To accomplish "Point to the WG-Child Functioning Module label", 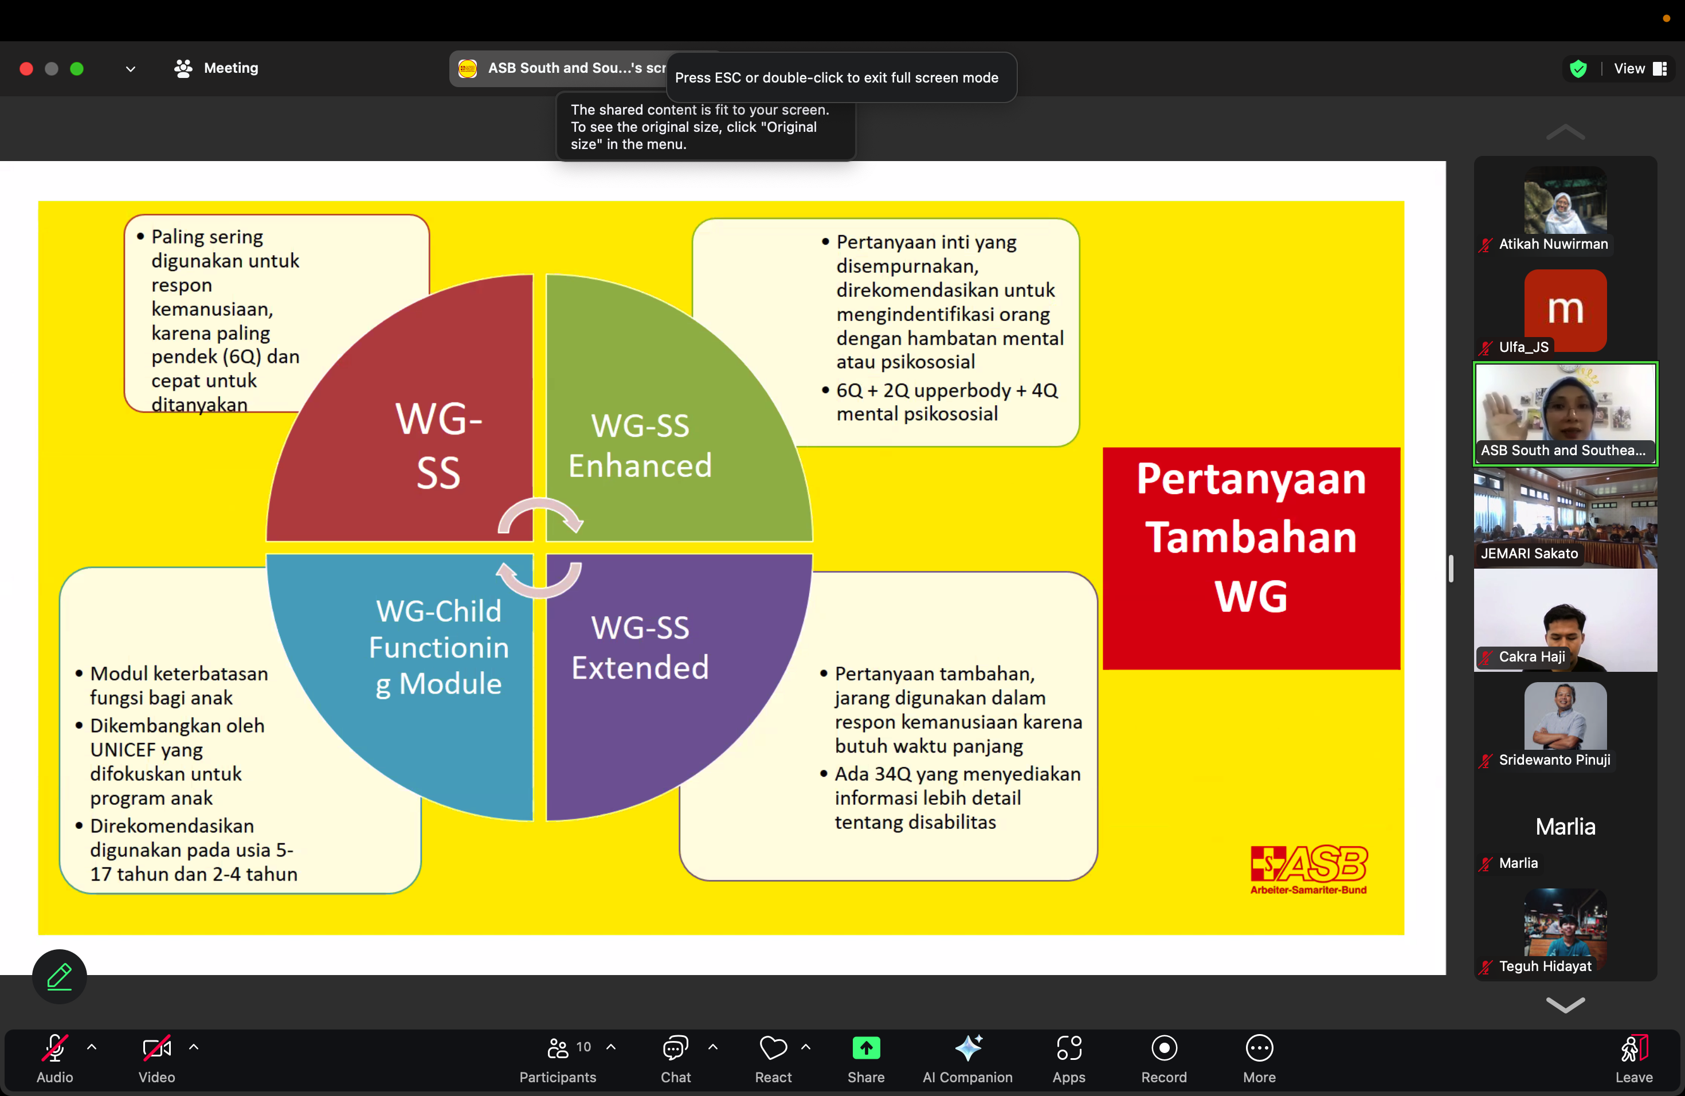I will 438,647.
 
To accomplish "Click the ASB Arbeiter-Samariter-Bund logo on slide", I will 1308,870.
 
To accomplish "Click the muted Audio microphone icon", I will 54,1048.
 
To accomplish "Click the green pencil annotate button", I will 60,976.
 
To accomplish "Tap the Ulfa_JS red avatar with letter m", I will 1565,309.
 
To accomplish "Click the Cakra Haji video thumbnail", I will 1565,621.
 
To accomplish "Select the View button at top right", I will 1638,69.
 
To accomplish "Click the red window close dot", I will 26,69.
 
